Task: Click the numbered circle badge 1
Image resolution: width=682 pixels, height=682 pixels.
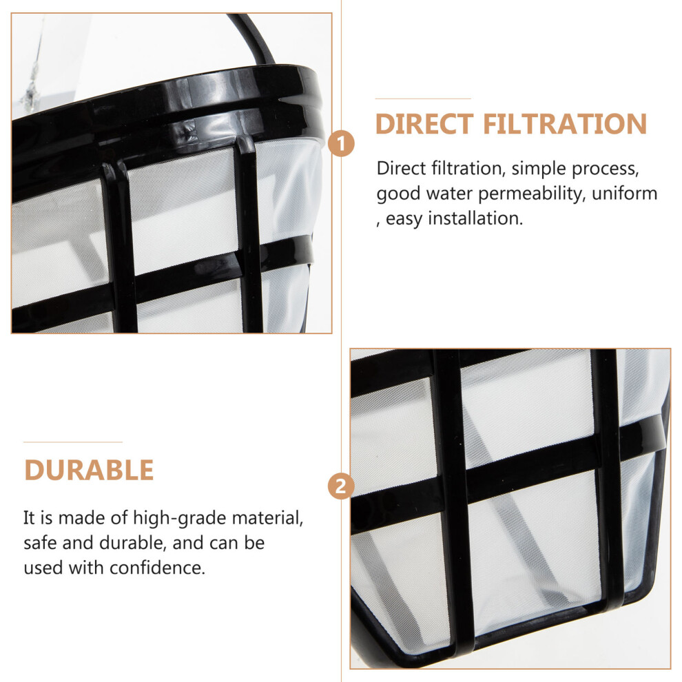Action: point(341,143)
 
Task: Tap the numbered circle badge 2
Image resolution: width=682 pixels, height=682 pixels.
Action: point(341,486)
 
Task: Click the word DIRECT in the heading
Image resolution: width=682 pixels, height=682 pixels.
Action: point(424,124)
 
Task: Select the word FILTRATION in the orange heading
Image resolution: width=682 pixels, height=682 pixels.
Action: point(565,124)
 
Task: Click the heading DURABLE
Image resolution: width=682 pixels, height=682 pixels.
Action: point(89,471)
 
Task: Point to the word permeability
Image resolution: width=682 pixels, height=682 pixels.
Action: point(530,194)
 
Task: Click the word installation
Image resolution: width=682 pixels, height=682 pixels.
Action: point(475,218)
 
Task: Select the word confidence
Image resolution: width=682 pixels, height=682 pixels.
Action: point(157,568)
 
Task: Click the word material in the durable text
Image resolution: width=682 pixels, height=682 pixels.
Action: point(267,518)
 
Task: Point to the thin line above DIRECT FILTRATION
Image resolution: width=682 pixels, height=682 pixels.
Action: point(423,99)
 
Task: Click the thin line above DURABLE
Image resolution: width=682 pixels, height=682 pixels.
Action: point(72,442)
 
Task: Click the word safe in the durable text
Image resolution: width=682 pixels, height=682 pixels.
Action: point(40,543)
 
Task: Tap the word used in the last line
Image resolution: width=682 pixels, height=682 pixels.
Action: point(43,568)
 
